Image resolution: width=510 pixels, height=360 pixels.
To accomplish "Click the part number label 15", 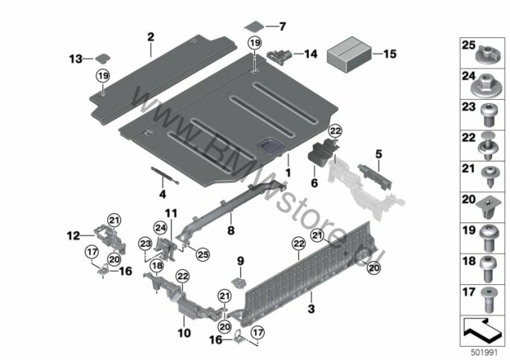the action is click(x=390, y=54).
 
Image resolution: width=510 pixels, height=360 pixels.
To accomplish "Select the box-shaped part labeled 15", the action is click(x=349, y=54).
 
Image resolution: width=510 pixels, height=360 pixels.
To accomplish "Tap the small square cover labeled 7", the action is click(x=255, y=26).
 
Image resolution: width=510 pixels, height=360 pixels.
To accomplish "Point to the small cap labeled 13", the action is click(x=103, y=58).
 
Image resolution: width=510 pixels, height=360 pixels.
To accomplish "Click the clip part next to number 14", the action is click(x=279, y=55).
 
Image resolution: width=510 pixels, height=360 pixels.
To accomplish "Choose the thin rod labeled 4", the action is click(x=165, y=176).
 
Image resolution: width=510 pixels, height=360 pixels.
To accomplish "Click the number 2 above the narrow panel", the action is click(x=151, y=36).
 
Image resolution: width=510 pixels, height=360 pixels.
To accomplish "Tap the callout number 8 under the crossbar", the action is click(x=230, y=231).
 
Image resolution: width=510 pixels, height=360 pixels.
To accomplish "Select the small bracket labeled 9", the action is click(x=239, y=283).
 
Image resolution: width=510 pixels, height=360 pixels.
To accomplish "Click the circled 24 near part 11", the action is click(x=161, y=228).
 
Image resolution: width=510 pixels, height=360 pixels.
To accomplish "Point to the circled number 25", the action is click(x=203, y=254).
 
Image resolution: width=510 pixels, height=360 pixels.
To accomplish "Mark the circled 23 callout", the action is click(x=145, y=244).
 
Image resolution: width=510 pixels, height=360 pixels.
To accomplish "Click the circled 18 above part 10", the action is click(x=157, y=266).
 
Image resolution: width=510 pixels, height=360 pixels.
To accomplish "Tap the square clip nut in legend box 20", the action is click(x=486, y=210).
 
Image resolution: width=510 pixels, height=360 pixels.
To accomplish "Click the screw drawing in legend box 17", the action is click(x=488, y=299).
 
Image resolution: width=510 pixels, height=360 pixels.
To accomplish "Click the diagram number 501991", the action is click(x=485, y=353).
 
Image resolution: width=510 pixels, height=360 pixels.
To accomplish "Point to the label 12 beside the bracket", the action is click(x=73, y=235).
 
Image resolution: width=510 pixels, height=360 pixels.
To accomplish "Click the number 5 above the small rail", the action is click(x=378, y=154).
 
